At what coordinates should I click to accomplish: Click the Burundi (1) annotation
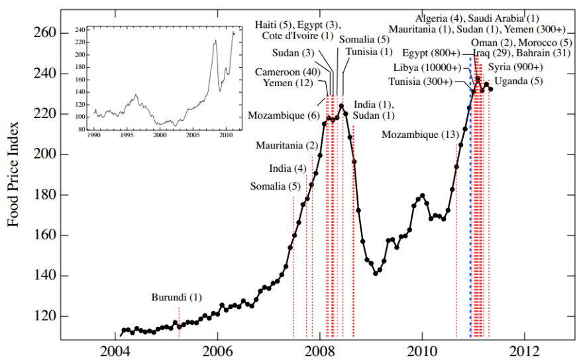pos(176,297)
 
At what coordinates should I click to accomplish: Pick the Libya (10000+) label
pos(427,68)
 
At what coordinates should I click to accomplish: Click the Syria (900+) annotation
pos(515,67)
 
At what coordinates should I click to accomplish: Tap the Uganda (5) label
pos(519,82)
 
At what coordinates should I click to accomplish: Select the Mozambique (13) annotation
pos(420,135)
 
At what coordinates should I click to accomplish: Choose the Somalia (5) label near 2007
pos(275,186)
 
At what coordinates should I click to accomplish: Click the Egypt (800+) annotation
pos(431,53)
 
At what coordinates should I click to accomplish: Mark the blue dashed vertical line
pos(471,199)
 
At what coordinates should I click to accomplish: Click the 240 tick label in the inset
pos(80,30)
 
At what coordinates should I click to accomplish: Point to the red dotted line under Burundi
pos(179,322)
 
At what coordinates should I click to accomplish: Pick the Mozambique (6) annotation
pos(284,115)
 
